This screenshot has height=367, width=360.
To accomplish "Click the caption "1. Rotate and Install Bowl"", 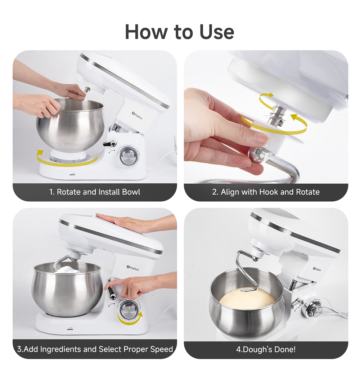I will click(95, 192).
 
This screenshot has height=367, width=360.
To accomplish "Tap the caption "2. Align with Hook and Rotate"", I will click(266, 192).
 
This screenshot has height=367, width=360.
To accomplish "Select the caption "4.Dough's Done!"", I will click(266, 349).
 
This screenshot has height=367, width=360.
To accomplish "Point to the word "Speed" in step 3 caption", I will click(161, 349).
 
